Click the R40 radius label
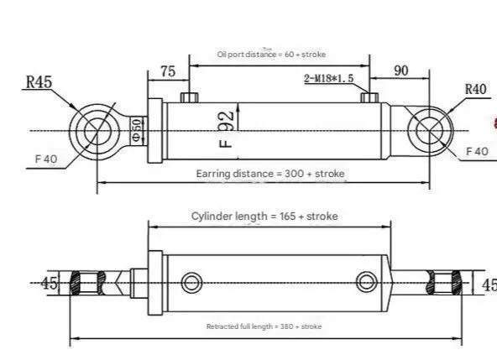[x=476, y=89]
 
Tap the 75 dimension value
[x=167, y=72]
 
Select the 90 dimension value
[x=401, y=70]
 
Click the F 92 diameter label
[x=226, y=128]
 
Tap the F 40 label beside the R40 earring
[x=477, y=151]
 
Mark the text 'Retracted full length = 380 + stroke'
[x=264, y=326]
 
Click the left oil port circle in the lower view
[x=191, y=281]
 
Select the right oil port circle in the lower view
[x=366, y=280]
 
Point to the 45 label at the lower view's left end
[x=50, y=283]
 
